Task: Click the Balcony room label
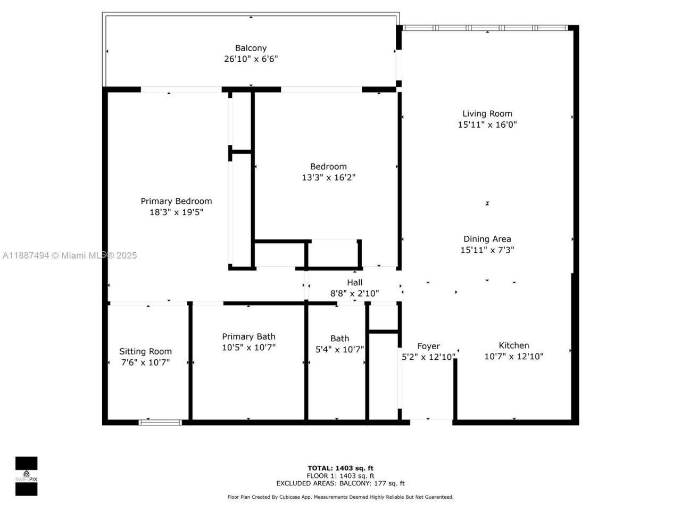[x=251, y=48]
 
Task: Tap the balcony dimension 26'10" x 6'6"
[x=251, y=59]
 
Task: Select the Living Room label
[x=487, y=113]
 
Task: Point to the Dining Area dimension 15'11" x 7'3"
[x=487, y=250]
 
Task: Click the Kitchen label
[x=513, y=345]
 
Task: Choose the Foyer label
[x=428, y=346]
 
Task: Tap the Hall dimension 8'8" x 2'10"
[x=354, y=293]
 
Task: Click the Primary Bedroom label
[x=176, y=201]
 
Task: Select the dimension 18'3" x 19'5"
[x=176, y=212]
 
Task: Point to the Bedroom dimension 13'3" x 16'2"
[x=328, y=178]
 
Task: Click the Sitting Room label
[x=145, y=351]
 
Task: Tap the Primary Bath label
[x=248, y=336]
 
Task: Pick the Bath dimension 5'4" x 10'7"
[x=339, y=350]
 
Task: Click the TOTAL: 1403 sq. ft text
[x=340, y=468]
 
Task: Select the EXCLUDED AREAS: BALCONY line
[x=340, y=483]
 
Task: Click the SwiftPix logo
[x=26, y=476]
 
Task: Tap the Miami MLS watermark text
[x=69, y=256]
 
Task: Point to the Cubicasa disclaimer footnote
[x=340, y=497]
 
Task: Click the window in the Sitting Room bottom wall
[x=160, y=423]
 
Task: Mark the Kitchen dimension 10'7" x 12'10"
[x=513, y=357]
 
